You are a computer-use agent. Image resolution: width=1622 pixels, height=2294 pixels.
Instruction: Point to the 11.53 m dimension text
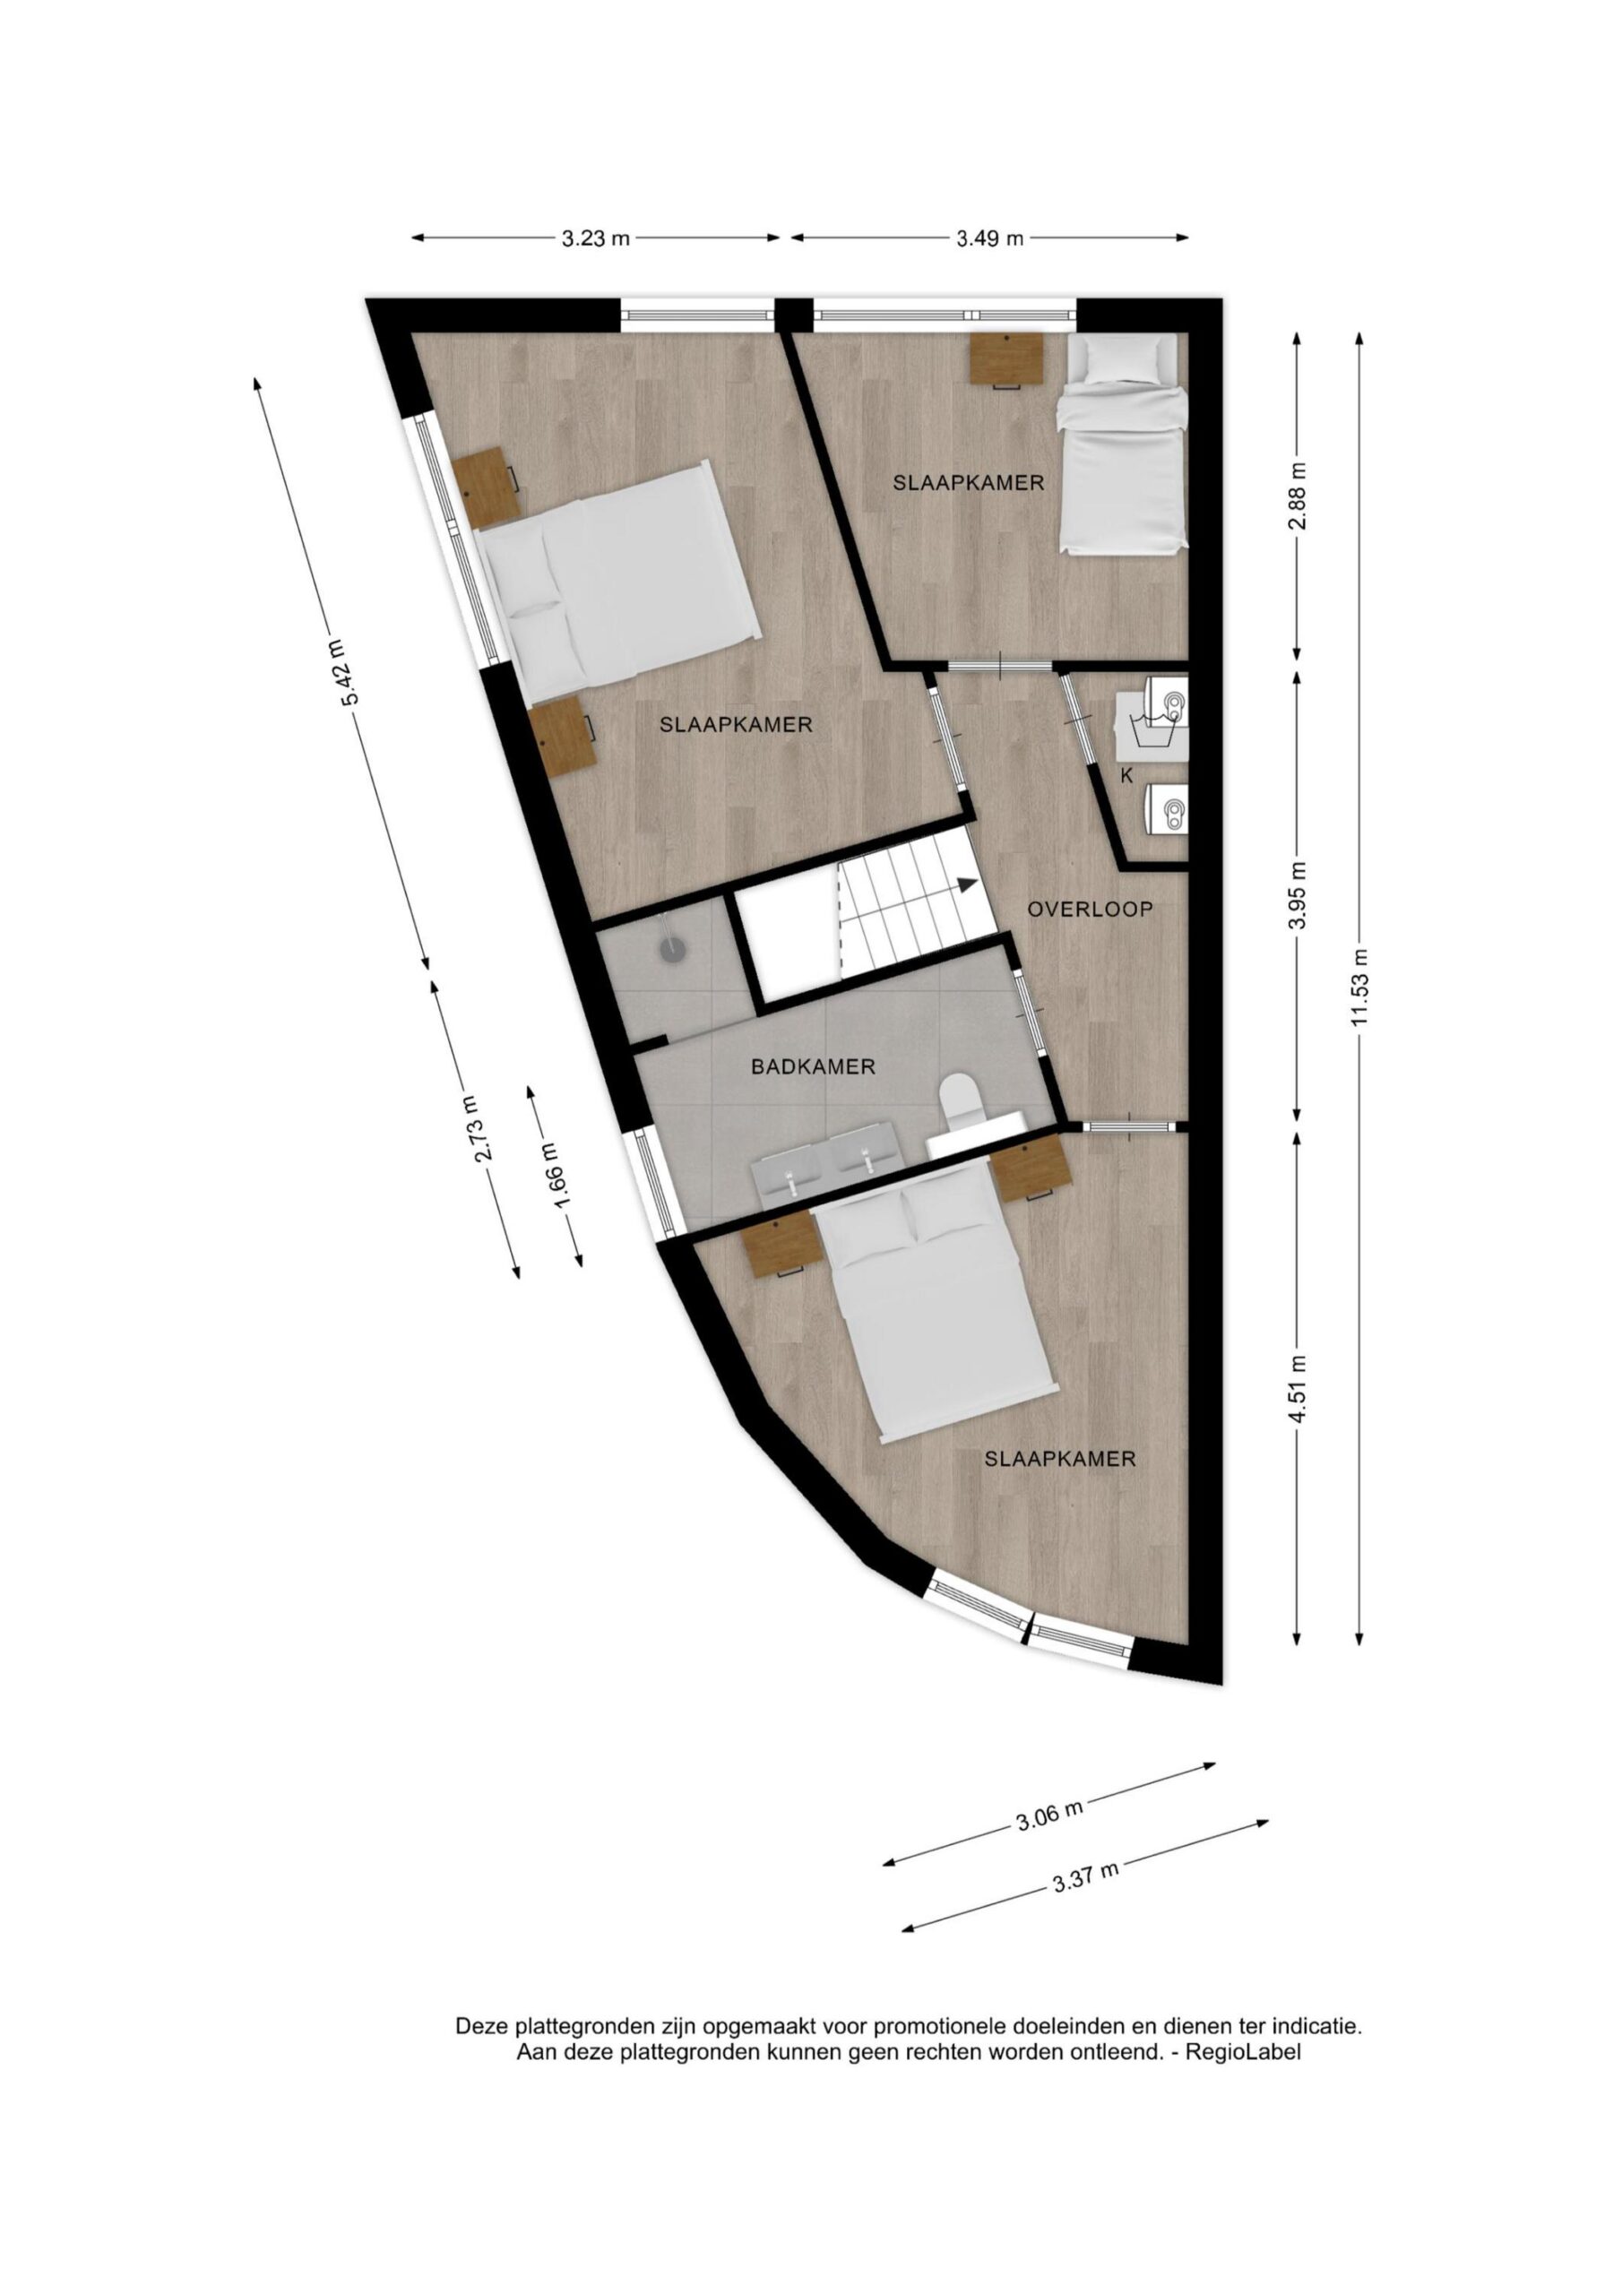(1359, 992)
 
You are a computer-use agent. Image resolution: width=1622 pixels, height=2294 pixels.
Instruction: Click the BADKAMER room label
(813, 1067)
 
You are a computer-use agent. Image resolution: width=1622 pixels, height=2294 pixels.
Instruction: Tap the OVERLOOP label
(1091, 910)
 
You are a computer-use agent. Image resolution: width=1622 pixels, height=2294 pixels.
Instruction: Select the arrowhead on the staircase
(966, 884)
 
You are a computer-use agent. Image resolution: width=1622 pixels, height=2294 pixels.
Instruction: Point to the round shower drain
(674, 951)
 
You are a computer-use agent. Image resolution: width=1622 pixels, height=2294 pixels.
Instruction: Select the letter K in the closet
(1126, 775)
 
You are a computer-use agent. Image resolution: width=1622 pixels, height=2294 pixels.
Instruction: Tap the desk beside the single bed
(1008, 358)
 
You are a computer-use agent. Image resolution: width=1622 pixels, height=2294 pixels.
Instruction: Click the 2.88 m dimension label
(1298, 496)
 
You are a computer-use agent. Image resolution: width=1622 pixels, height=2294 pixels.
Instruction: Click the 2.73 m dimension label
(478, 1128)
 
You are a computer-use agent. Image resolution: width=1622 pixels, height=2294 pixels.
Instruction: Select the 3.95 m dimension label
(1298, 894)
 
